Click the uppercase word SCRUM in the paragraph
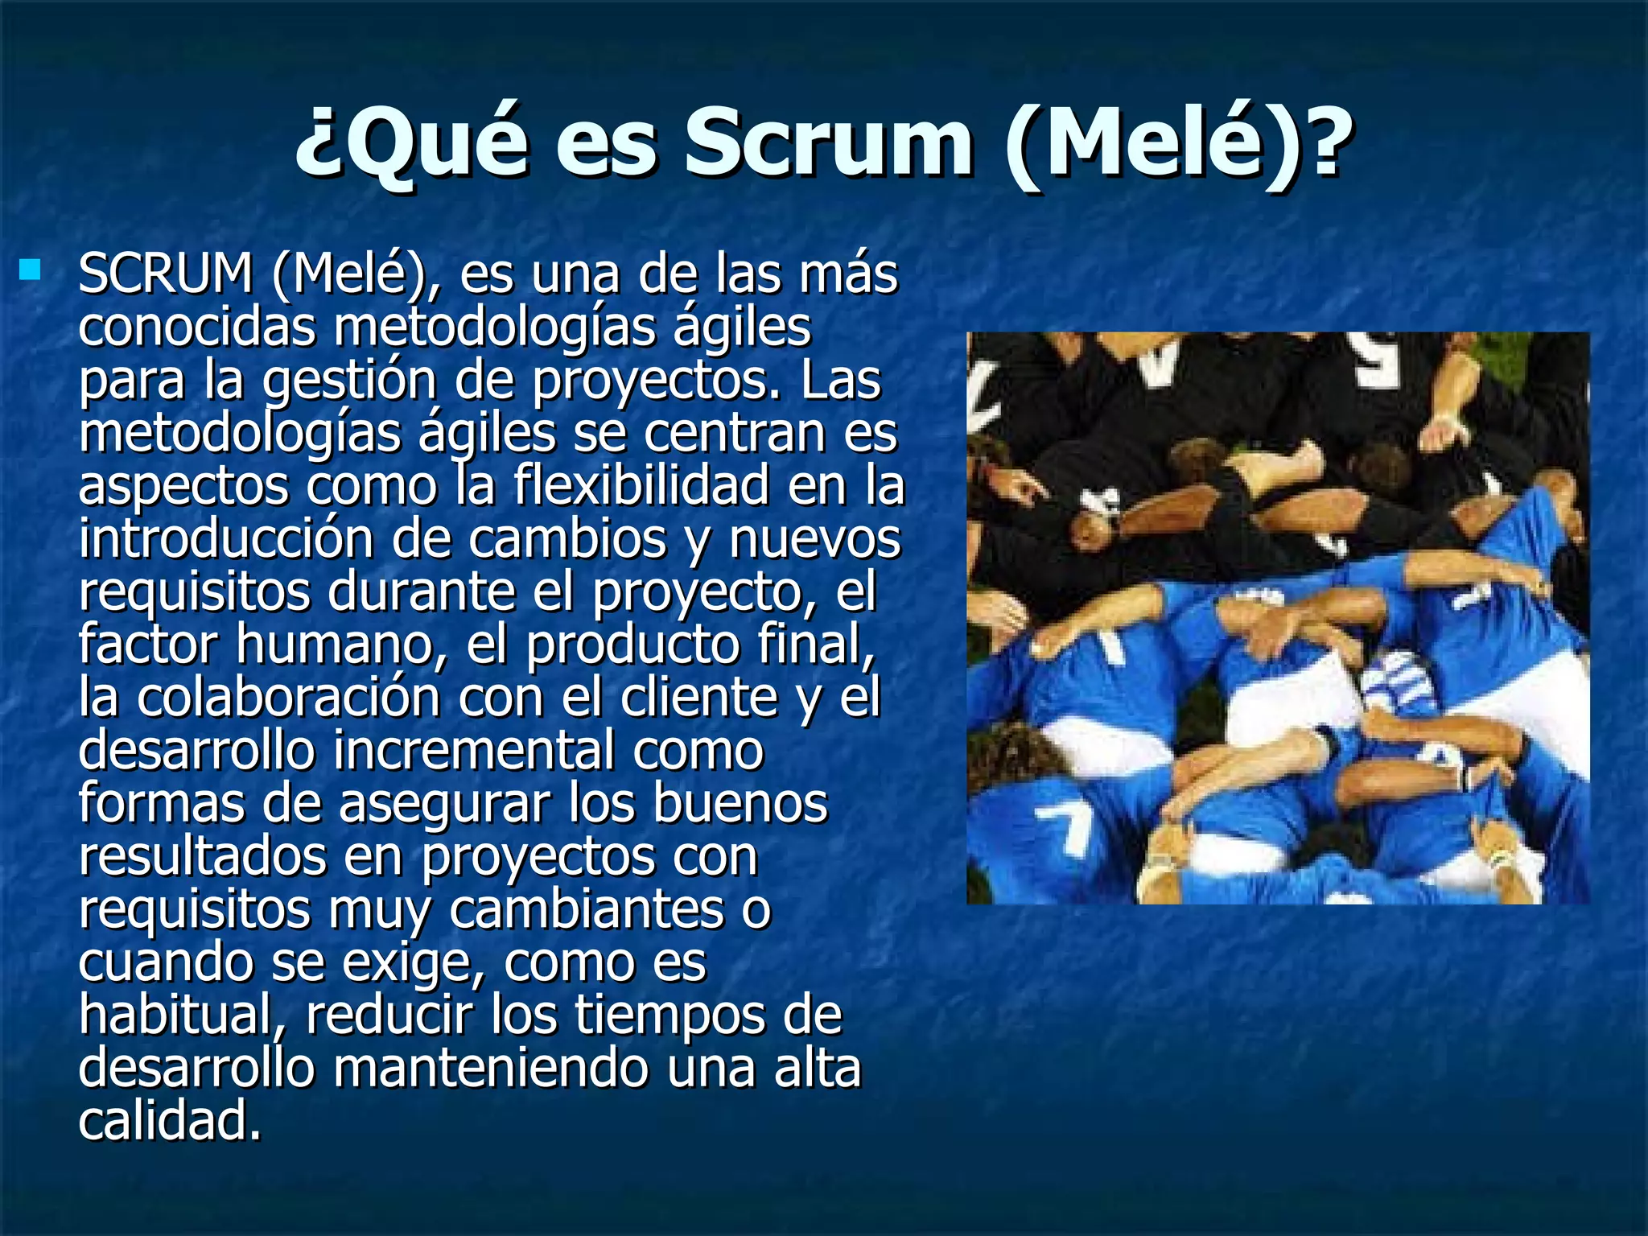click(x=166, y=274)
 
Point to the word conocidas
click(x=197, y=327)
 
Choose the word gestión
click(x=349, y=381)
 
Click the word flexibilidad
click(x=641, y=486)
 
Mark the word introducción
click(x=226, y=539)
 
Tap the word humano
click(x=336, y=645)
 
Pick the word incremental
click(x=473, y=750)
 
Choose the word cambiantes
click(x=587, y=909)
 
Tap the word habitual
click(x=180, y=1016)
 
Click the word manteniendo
click(x=491, y=1069)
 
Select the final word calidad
click(x=170, y=1122)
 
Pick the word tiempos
click(x=667, y=1016)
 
